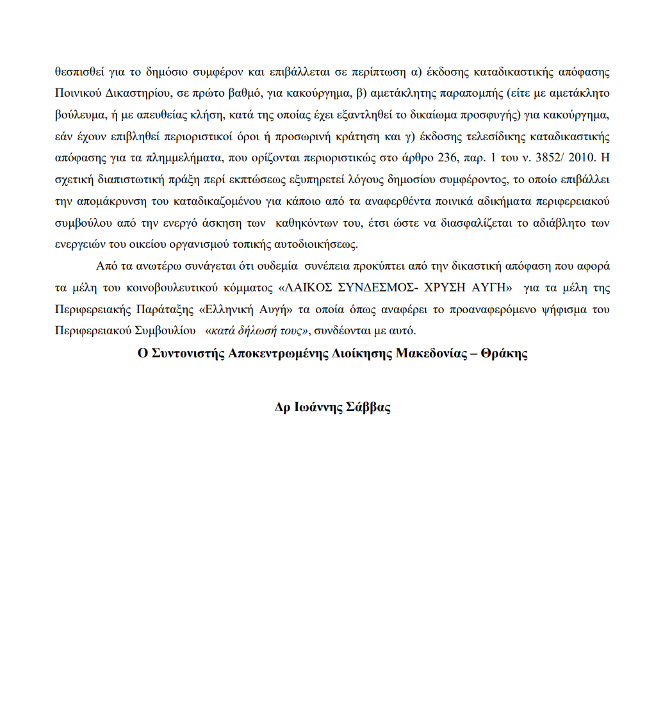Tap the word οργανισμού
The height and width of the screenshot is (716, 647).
click(x=183, y=243)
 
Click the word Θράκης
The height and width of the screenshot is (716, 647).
click(x=506, y=354)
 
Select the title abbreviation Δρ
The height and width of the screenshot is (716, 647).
click(x=283, y=407)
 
